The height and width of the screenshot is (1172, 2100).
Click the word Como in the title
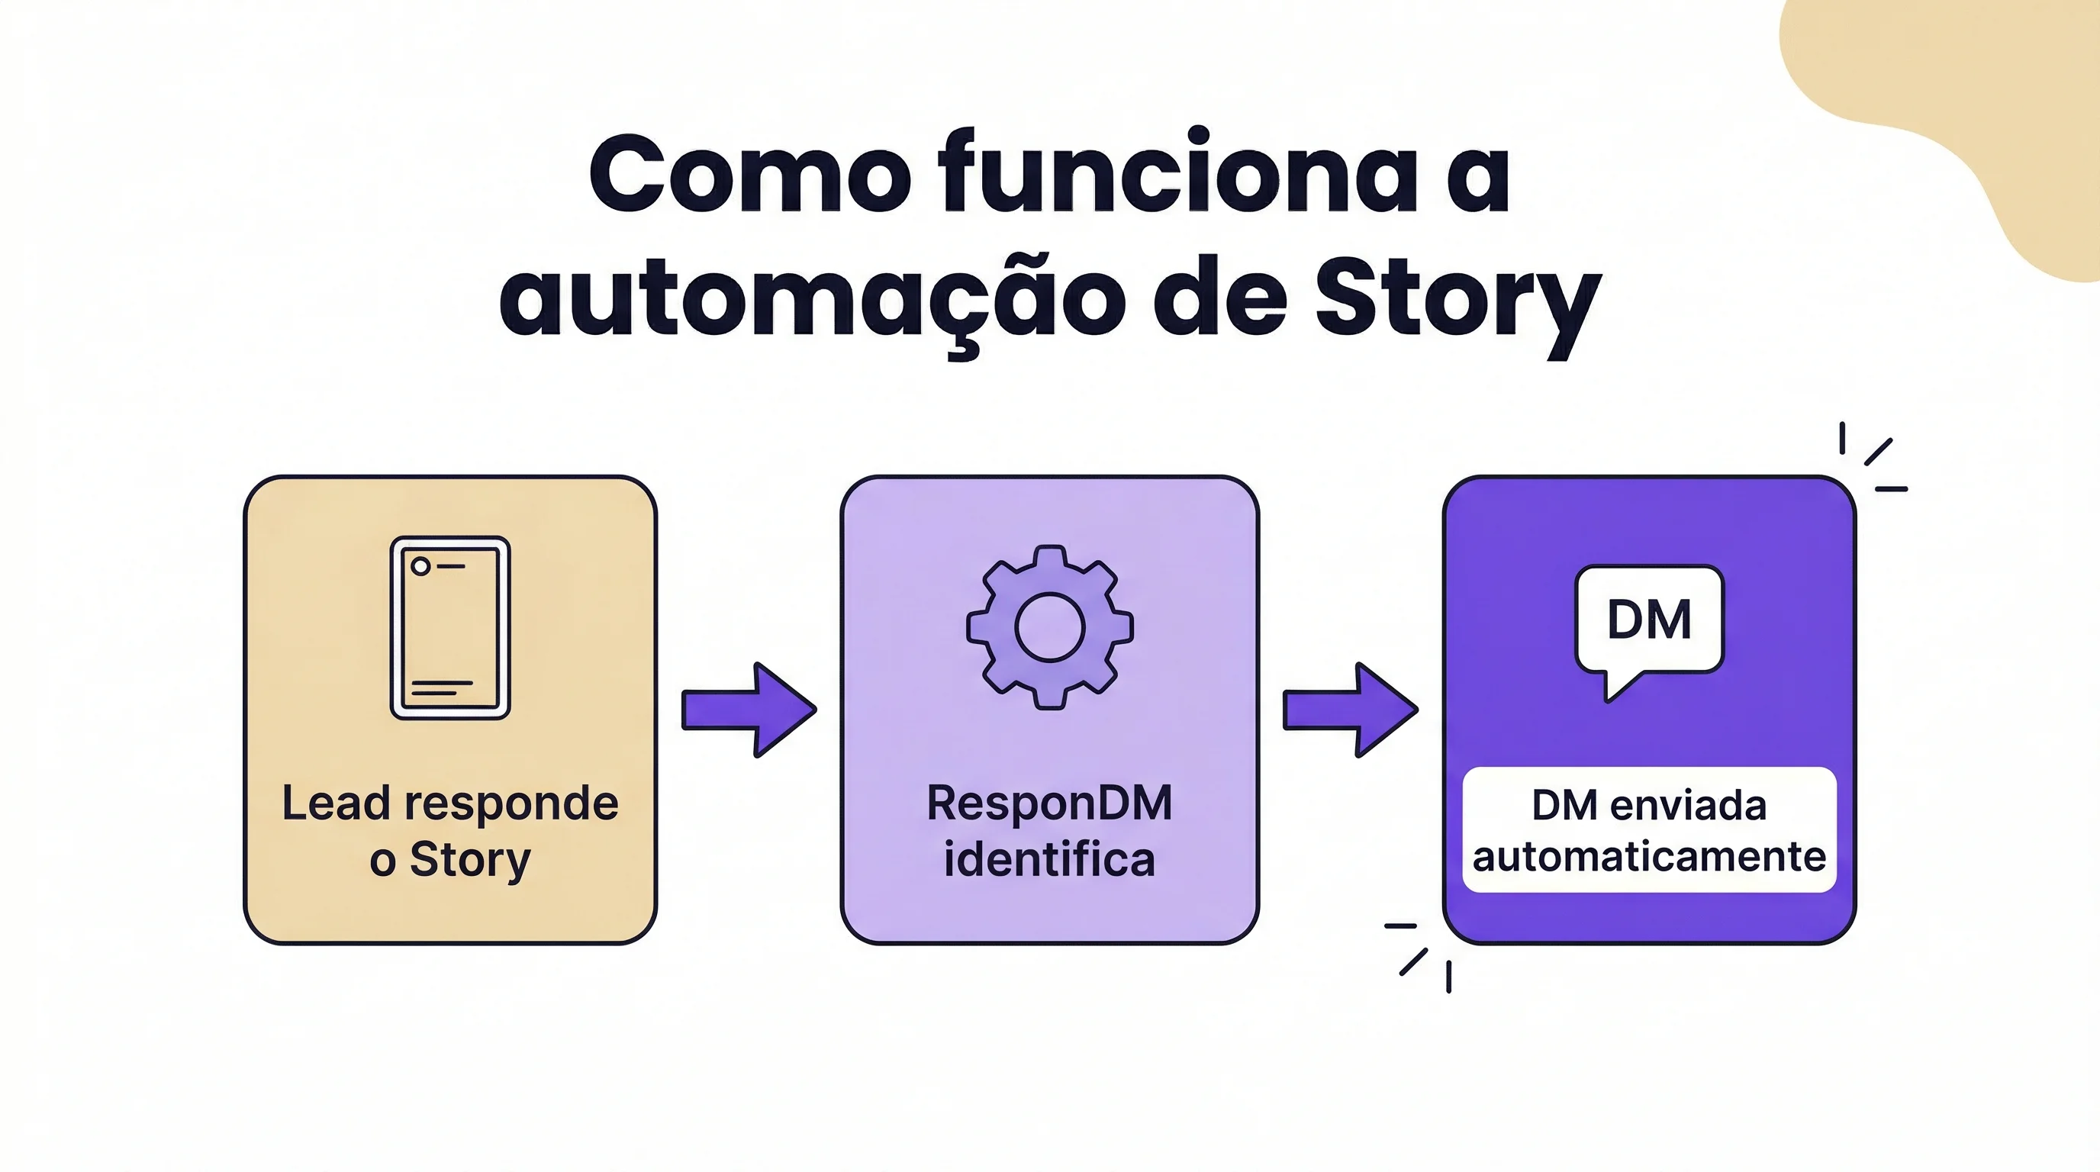[749, 174]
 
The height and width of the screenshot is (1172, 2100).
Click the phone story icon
[450, 627]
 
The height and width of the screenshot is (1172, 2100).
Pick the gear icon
[1049, 626]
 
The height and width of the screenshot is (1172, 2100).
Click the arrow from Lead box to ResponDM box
[749, 710]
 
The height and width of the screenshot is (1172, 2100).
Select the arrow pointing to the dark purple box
[1350, 710]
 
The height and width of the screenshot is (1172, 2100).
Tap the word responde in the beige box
[523, 803]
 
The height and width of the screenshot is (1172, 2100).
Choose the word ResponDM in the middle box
[1049, 803]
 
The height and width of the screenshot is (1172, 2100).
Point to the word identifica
[1049, 859]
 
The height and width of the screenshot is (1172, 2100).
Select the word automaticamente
[1648, 857]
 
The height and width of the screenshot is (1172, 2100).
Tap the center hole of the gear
[1049, 626]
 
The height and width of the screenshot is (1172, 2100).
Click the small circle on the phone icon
[420, 566]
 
